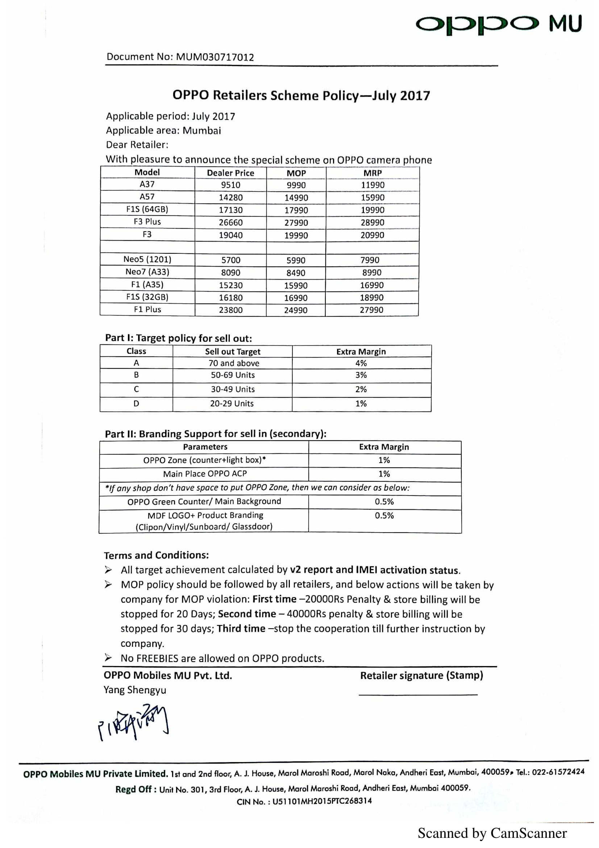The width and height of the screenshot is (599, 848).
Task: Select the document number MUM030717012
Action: (215, 57)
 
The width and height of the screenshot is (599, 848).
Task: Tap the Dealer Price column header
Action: (230, 173)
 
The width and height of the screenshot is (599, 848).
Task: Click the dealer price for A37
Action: (231, 185)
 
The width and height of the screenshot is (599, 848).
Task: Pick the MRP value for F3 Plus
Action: (373, 222)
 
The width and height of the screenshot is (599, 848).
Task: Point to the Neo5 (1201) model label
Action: (147, 259)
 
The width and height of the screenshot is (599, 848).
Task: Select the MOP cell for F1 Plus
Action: (296, 310)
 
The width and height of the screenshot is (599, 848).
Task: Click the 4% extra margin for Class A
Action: (361, 363)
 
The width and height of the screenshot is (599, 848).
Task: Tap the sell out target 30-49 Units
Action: (233, 389)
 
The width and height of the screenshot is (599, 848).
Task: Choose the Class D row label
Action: (136, 404)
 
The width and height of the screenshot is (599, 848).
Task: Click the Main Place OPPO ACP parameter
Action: (205, 474)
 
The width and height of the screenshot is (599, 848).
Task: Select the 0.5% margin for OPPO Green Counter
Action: (384, 501)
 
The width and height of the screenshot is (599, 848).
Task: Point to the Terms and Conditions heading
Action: (156, 555)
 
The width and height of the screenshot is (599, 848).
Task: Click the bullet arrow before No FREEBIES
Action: (108, 657)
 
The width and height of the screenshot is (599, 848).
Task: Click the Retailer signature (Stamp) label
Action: (421, 675)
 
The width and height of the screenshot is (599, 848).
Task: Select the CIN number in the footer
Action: (322, 801)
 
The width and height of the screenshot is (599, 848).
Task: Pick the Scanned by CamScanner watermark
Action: (492, 833)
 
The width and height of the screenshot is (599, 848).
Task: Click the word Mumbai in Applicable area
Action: (202, 131)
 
